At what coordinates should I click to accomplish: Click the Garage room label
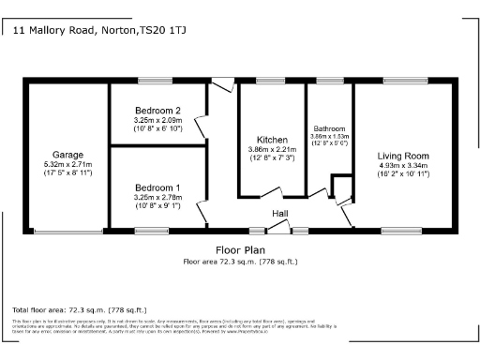pos(67,155)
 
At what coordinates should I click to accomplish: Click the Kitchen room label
pos(272,140)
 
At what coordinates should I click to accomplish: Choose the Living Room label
pos(403,156)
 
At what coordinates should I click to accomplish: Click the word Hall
pos(279,215)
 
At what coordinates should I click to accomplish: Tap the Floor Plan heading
pos(239,251)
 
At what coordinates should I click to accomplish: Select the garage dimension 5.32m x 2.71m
pos(67,165)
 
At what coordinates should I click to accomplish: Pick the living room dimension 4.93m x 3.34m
pos(403,166)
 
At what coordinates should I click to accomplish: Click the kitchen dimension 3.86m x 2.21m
pos(272,149)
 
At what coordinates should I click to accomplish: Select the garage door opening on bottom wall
pos(68,231)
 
